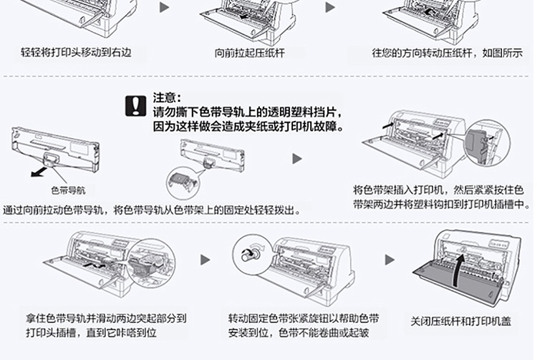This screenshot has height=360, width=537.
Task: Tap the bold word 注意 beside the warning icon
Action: [x=167, y=97]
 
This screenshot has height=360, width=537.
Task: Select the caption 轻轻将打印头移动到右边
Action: [x=76, y=53]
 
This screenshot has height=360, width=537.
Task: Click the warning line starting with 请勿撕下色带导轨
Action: [x=248, y=112]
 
